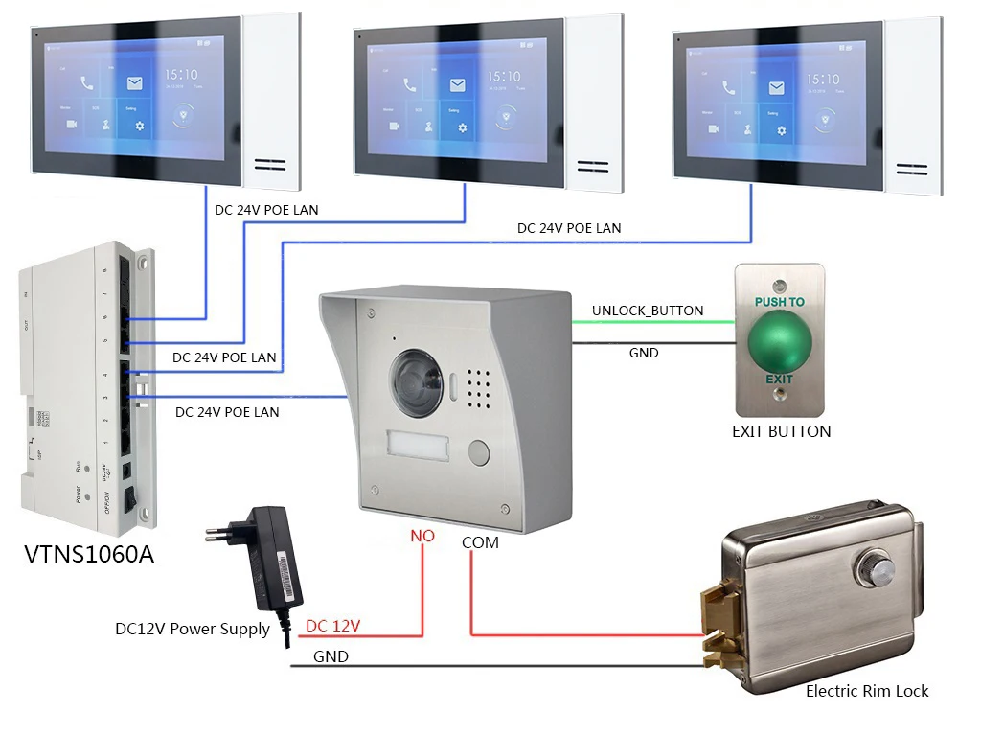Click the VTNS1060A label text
(88, 555)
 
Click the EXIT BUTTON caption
(781, 431)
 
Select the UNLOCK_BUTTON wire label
(648, 310)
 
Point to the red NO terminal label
(422, 536)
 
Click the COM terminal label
(480, 541)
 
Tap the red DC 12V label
(332, 626)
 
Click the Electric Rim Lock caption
(867, 690)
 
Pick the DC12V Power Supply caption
(193, 630)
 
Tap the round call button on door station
(476, 451)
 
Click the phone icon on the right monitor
(729, 87)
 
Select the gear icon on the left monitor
(140, 126)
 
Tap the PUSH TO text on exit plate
(779, 302)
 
